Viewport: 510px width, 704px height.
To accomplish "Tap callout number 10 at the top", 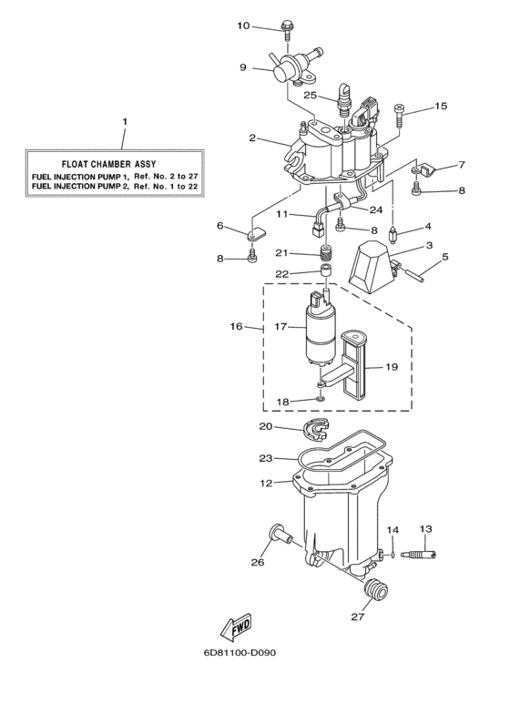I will pos(243,26).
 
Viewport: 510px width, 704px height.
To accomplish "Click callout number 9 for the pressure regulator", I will pos(243,67).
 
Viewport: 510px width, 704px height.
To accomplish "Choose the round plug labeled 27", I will pos(372,593).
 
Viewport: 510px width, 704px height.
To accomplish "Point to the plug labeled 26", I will pos(275,535).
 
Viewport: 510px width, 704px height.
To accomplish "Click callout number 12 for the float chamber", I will pos(266,483).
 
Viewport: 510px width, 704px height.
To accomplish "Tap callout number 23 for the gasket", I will pos(266,458).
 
